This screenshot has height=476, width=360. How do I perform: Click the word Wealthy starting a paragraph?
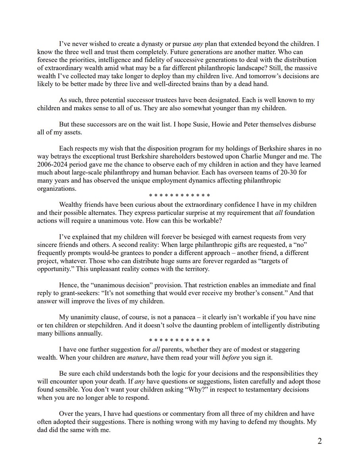(x=71, y=204)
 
